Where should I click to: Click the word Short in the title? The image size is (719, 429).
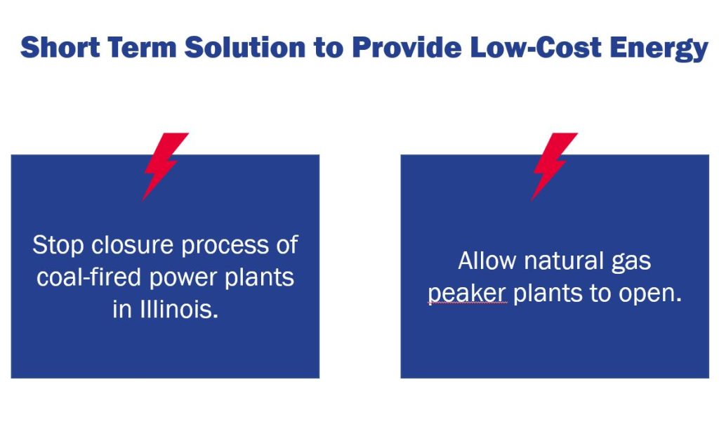pos(60,47)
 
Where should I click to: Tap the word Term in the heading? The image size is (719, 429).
pos(143,47)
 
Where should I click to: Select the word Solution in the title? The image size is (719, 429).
pos(245,47)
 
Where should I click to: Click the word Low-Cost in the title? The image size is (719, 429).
pos(536,47)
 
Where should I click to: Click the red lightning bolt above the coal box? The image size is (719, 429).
pos(164,166)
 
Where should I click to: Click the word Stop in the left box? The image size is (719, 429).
pos(58,245)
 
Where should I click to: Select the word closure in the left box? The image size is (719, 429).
pos(133,244)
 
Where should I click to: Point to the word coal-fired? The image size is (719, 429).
pos(89,277)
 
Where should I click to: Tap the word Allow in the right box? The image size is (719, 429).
pos(487,260)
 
